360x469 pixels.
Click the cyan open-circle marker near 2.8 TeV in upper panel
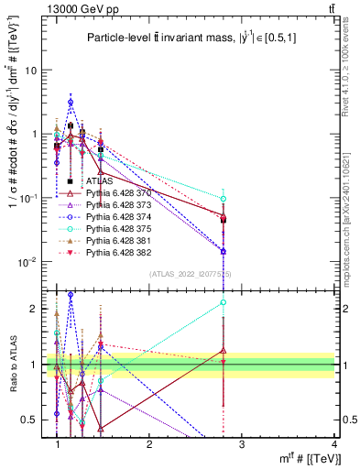coord(224,199)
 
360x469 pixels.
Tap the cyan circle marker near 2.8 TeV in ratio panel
coord(224,302)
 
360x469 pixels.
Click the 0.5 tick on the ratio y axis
coord(37,420)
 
